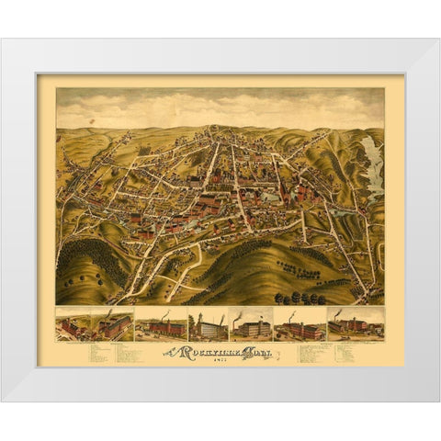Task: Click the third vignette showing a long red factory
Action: [x=161, y=326]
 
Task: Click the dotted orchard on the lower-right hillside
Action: [x=312, y=256]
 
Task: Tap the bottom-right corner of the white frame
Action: [x=439, y=402]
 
